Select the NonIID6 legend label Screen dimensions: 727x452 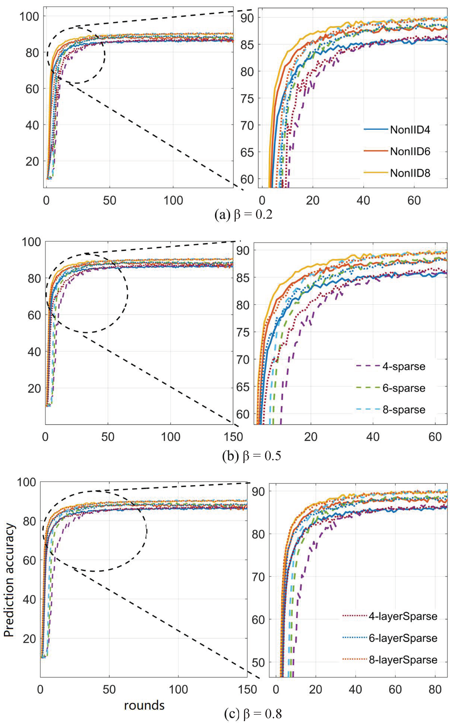(x=410, y=152)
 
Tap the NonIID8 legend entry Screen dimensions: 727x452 (x=410, y=173)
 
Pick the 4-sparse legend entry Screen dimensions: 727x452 (x=404, y=367)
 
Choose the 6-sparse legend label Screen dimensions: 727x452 (x=404, y=388)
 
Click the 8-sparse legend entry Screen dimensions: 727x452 (x=404, y=410)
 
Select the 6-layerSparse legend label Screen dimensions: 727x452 (x=403, y=638)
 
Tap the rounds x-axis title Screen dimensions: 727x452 (x=144, y=705)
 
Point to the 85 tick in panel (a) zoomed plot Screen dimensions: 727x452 (x=247, y=45)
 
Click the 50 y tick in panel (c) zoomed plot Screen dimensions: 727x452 (x=258, y=662)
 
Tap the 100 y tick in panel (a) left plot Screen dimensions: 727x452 (x=29, y=16)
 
